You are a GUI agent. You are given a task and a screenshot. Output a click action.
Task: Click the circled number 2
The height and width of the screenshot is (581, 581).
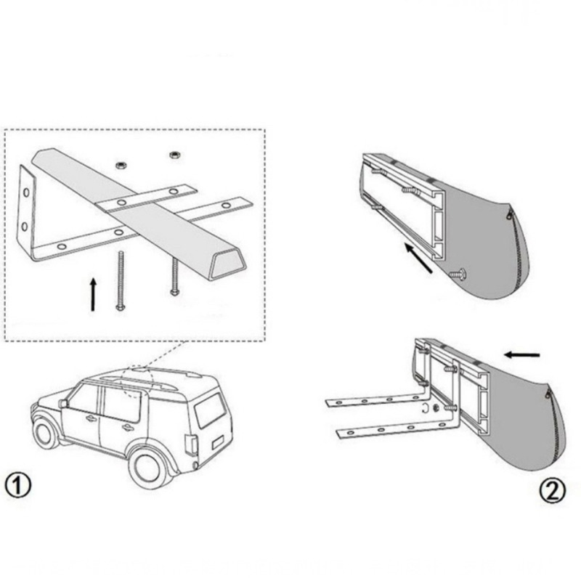[552, 492]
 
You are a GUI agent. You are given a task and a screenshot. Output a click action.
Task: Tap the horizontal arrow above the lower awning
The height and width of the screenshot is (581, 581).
[523, 354]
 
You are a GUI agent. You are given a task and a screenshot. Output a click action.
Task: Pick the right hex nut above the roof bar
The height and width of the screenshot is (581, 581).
[174, 154]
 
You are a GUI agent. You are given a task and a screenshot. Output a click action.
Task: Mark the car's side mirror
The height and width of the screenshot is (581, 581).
[63, 403]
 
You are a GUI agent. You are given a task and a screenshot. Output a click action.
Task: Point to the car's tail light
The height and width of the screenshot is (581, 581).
[190, 444]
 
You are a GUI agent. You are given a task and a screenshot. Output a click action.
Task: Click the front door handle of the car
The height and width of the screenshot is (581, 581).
[91, 418]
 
